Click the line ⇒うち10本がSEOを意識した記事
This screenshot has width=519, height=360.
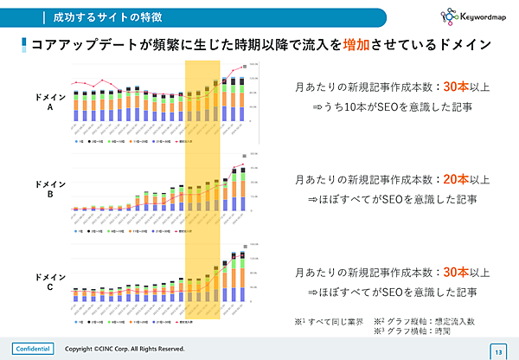tap(392, 107)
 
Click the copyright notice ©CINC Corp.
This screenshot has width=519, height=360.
tap(125, 349)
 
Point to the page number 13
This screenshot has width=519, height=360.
tap(498, 350)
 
